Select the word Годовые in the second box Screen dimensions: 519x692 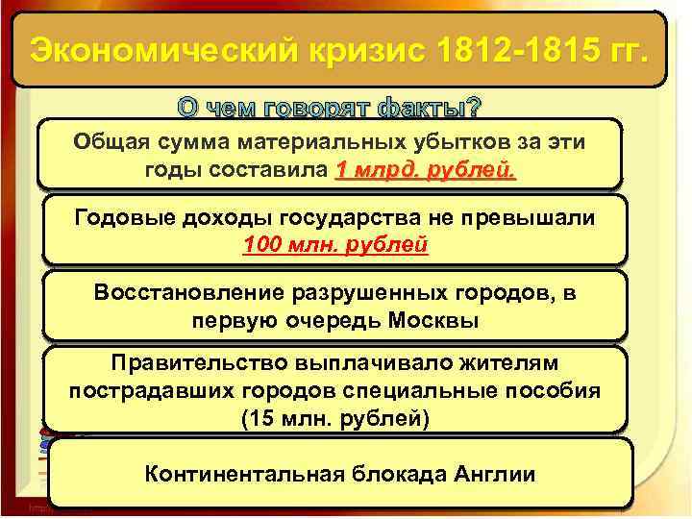125,217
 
